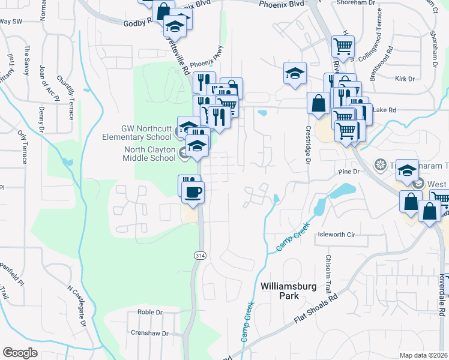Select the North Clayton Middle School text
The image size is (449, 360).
151,154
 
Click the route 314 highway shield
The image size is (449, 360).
198,256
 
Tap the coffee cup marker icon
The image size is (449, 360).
193,192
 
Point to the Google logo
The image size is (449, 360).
20,353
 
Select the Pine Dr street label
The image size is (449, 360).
348,172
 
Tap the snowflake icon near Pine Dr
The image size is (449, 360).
380,164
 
